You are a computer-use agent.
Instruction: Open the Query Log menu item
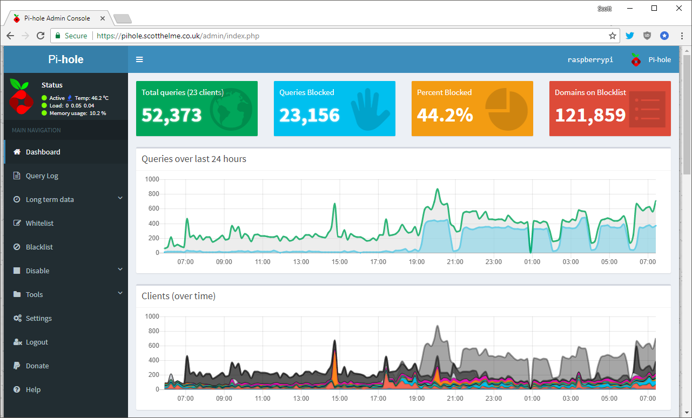tap(42, 176)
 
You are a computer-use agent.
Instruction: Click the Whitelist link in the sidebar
tap(39, 223)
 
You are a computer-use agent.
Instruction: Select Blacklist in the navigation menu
tap(39, 247)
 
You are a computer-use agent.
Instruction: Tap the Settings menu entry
tap(38, 318)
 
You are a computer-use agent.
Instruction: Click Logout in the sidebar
tap(37, 342)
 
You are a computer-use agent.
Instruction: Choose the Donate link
tap(37, 366)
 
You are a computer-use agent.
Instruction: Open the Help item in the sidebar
tap(33, 389)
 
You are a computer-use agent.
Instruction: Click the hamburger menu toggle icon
tap(139, 59)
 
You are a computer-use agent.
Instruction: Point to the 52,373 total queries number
tap(172, 115)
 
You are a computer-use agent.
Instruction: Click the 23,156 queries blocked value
tap(310, 115)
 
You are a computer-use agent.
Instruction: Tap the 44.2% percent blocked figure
tap(445, 115)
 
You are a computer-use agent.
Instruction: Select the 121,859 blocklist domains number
tap(590, 115)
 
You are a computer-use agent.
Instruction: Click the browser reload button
tap(41, 36)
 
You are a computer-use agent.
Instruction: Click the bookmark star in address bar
tap(612, 36)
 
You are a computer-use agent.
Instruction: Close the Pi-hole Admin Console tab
tap(103, 18)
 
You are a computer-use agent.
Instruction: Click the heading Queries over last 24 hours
tap(194, 159)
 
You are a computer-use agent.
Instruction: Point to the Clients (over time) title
tap(178, 296)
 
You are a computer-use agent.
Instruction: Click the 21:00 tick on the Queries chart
tap(455, 262)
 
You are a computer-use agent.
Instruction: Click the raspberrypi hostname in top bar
tap(590, 59)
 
